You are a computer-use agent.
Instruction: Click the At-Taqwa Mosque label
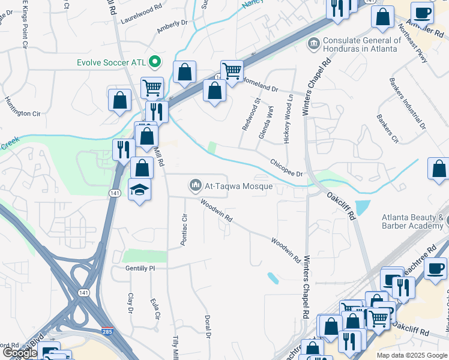click(x=239, y=186)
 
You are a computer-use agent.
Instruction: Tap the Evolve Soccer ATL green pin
click(x=155, y=62)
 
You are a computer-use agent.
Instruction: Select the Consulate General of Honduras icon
click(x=313, y=43)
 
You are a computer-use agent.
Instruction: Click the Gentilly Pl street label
click(x=140, y=268)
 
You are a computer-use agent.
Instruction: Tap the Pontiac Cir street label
click(x=185, y=226)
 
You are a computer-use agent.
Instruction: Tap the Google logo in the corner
click(x=20, y=353)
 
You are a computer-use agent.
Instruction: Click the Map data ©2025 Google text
click(x=411, y=355)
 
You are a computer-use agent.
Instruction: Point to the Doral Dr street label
click(x=209, y=328)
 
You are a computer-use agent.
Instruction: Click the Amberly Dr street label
click(x=172, y=27)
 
